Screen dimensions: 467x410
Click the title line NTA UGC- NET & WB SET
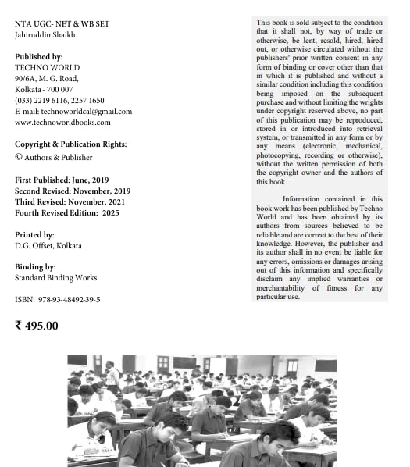[62, 24]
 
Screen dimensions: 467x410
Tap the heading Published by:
[38, 57]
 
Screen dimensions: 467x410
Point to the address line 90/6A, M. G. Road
[47, 79]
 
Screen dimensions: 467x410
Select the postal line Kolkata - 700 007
[44, 90]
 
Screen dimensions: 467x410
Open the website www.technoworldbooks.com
[62, 123]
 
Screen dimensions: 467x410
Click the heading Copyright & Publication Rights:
[70, 144]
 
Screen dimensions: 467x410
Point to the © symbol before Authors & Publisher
[19, 157]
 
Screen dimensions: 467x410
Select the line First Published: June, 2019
[62, 180]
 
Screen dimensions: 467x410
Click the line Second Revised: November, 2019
[73, 191]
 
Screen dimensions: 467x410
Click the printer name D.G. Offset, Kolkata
[48, 246]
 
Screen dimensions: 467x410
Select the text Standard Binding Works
[55, 278]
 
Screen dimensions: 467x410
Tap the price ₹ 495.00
[37, 326]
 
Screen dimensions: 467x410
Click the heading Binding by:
[35, 267]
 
